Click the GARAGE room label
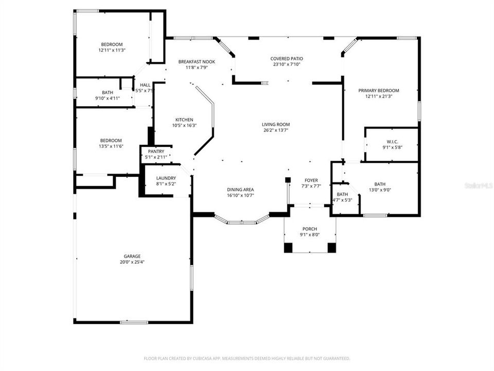click(132, 256)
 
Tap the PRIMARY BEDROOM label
click(379, 90)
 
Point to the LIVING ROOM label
click(276, 124)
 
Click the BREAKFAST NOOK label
click(197, 62)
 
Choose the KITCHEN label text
click(184, 120)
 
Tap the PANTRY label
click(156, 151)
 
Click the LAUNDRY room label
click(166, 178)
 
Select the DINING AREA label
click(240, 189)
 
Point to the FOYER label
click(311, 180)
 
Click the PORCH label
click(310, 229)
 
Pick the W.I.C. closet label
click(393, 142)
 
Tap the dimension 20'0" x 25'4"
click(132, 262)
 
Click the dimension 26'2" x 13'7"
click(276, 130)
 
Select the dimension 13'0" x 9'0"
click(380, 190)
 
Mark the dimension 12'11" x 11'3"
click(112, 50)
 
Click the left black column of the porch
click(288, 247)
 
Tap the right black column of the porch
click(332, 247)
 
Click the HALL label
click(145, 85)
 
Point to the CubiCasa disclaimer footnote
click(247, 358)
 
